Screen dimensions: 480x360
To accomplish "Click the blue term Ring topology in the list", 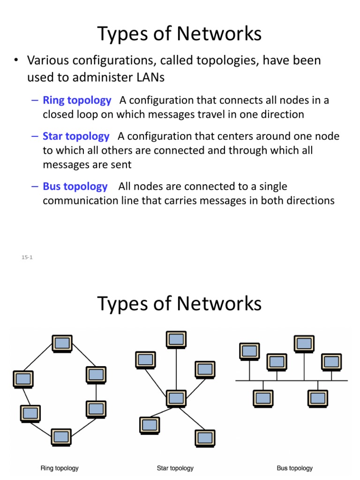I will click(77, 100).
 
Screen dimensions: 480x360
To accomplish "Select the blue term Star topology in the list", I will click(76, 136).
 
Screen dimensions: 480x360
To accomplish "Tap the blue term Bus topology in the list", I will click(75, 187).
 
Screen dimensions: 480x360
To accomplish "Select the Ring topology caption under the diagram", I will click(60, 468).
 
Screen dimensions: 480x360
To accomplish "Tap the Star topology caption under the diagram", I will click(175, 468).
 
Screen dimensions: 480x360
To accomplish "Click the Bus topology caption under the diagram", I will click(294, 468).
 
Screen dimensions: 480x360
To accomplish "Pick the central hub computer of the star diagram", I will click(176, 398).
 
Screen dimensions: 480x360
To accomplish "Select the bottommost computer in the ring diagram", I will click(61, 436).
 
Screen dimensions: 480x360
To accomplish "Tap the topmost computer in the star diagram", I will click(176, 340).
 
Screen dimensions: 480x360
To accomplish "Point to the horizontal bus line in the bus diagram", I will click(291, 380).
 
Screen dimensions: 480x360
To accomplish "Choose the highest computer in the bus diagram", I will click(303, 344).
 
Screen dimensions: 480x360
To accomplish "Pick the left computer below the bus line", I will click(262, 398).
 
